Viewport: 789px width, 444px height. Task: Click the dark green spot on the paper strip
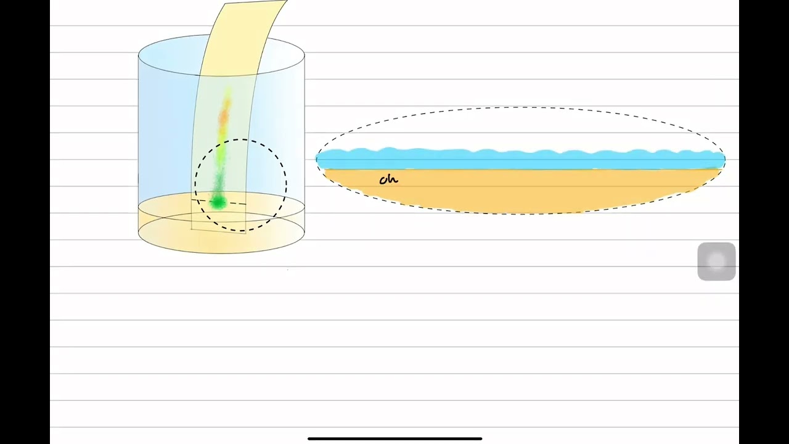(x=218, y=202)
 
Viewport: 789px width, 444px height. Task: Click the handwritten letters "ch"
(x=388, y=179)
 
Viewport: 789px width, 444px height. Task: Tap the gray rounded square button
(x=716, y=261)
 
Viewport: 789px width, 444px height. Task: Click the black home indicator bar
(x=395, y=438)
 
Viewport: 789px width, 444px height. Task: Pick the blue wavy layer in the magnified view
(x=521, y=158)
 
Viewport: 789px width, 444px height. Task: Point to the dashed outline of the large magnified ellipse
(x=521, y=107)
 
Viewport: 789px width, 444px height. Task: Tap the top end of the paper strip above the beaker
(x=256, y=2)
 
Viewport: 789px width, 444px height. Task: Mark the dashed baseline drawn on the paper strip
(x=219, y=202)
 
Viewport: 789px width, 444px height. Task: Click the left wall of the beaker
(x=139, y=144)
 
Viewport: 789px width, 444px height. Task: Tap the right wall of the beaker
(x=305, y=144)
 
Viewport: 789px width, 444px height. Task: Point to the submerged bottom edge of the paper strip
(x=218, y=231)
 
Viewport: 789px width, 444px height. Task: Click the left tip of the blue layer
(x=317, y=159)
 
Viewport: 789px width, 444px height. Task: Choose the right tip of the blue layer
(x=724, y=159)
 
